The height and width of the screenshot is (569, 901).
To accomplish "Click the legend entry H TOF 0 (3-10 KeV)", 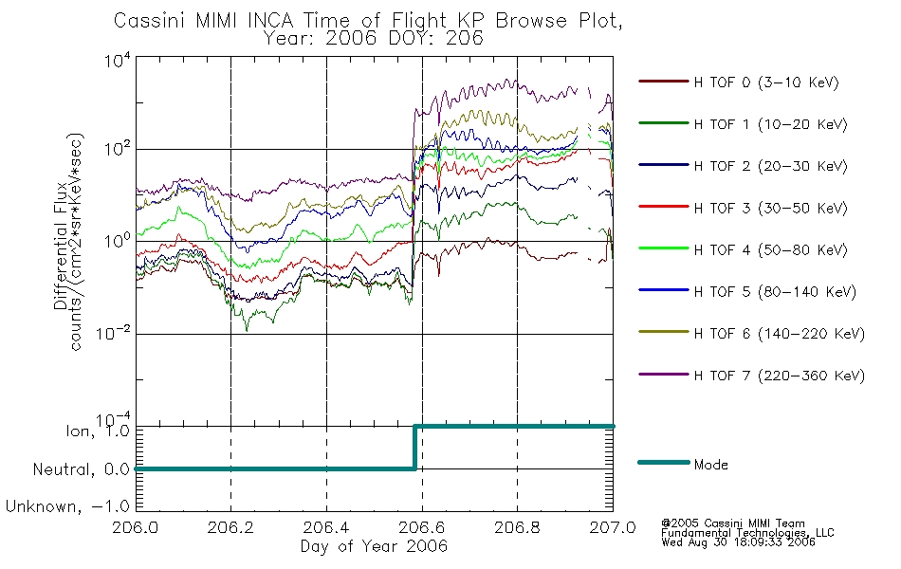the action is [766, 83].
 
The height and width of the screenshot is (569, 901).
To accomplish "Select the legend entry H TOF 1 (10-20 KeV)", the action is [770, 124].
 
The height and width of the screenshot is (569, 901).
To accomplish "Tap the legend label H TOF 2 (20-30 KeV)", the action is [770, 166].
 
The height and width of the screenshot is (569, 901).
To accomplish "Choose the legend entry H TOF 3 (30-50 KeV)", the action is [770, 208].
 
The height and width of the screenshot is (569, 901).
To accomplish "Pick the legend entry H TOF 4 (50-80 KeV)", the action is [770, 250].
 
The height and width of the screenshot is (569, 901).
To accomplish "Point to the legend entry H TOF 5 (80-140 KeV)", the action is [775, 292].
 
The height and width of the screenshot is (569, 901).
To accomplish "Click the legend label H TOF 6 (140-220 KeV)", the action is [779, 334].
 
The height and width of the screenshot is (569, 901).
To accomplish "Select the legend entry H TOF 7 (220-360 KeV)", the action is [779, 376].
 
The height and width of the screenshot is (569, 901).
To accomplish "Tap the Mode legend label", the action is [710, 465].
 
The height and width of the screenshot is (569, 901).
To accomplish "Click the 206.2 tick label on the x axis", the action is [230, 527].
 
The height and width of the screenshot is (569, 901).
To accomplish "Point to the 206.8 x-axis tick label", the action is [517, 527].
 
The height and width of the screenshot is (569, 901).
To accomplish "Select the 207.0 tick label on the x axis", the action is [613, 527].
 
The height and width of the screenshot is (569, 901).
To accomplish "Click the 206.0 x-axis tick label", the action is [135, 527].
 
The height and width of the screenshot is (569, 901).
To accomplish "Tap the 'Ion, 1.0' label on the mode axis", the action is [97, 431].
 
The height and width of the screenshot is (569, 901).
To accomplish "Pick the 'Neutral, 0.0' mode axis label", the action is [81, 469].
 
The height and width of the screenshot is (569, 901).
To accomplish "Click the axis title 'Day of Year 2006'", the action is [374, 546].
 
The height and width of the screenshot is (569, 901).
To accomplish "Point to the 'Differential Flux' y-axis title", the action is [61, 246].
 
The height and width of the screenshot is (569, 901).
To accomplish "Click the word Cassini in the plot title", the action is [151, 21].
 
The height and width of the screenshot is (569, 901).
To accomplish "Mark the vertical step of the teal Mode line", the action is [414, 448].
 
